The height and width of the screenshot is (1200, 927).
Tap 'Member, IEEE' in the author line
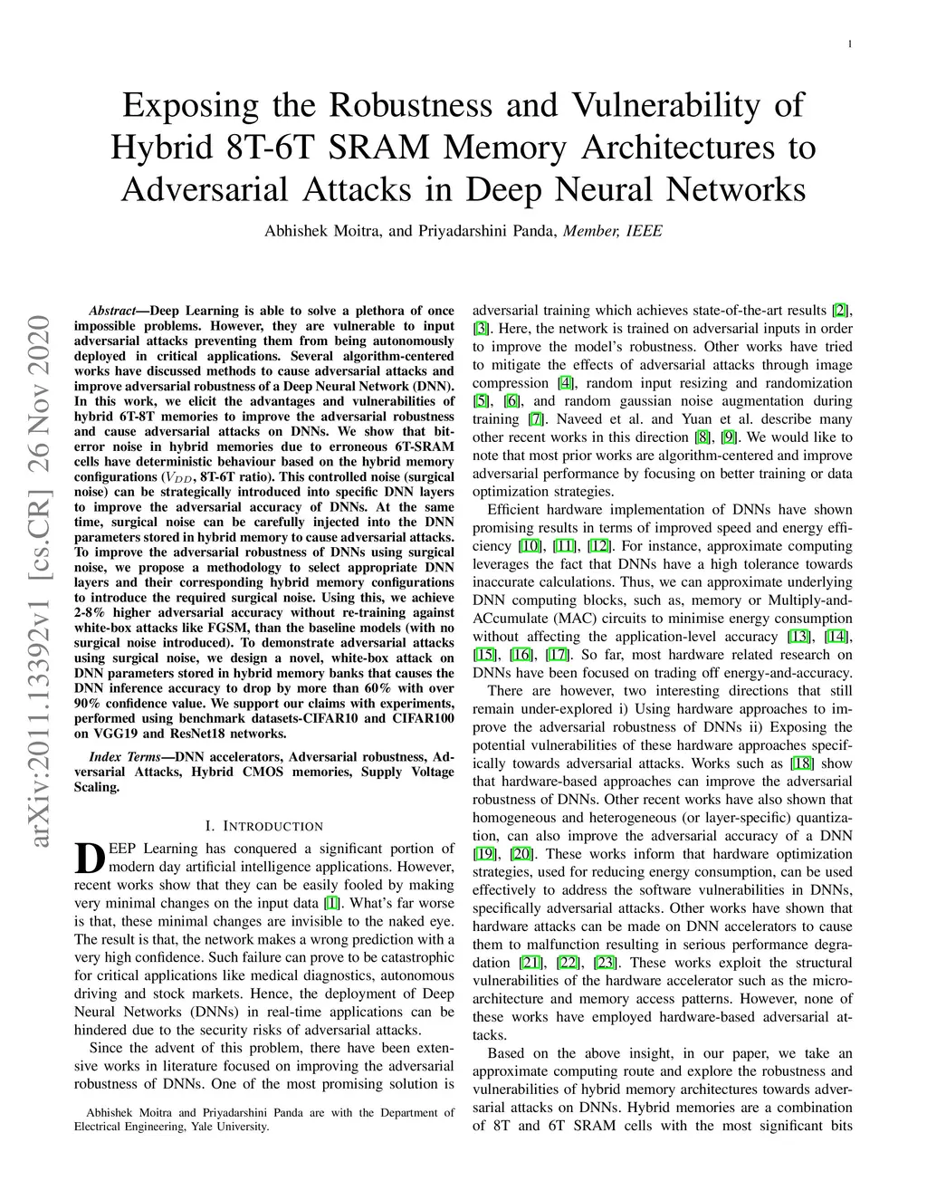[613, 231]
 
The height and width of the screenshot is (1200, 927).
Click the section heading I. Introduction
[264, 826]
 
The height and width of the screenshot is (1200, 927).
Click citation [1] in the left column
[332, 903]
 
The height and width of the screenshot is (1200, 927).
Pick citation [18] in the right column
[801, 763]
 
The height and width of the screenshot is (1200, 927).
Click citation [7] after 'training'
[536, 419]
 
